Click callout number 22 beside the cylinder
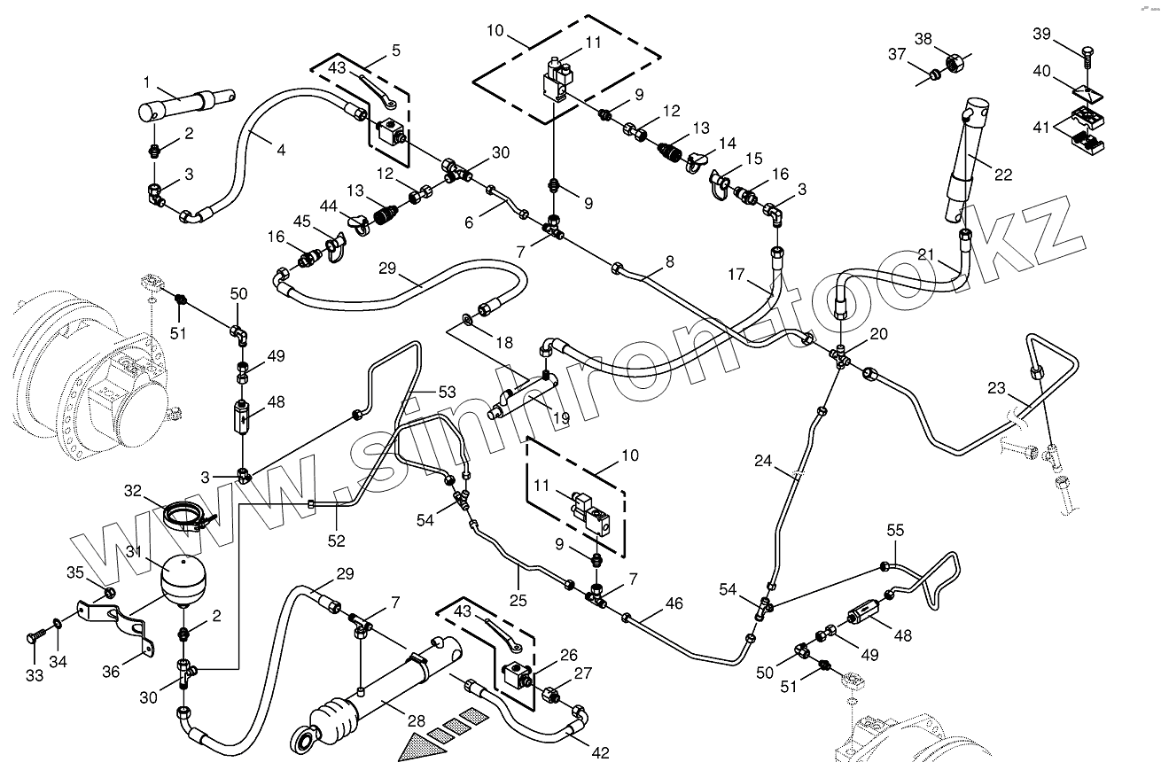(x=1003, y=175)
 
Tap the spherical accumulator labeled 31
(x=183, y=580)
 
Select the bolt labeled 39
(x=1087, y=58)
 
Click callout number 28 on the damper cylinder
(x=417, y=720)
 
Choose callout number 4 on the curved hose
(x=281, y=151)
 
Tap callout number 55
(x=895, y=530)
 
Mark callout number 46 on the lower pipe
(x=674, y=603)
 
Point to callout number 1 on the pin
(x=147, y=82)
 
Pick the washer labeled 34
(x=57, y=624)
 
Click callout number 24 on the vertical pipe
(x=763, y=460)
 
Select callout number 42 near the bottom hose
(x=600, y=752)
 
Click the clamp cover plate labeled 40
(x=1087, y=93)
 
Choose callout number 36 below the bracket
(x=111, y=672)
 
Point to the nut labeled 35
(x=109, y=593)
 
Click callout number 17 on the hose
(x=736, y=274)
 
